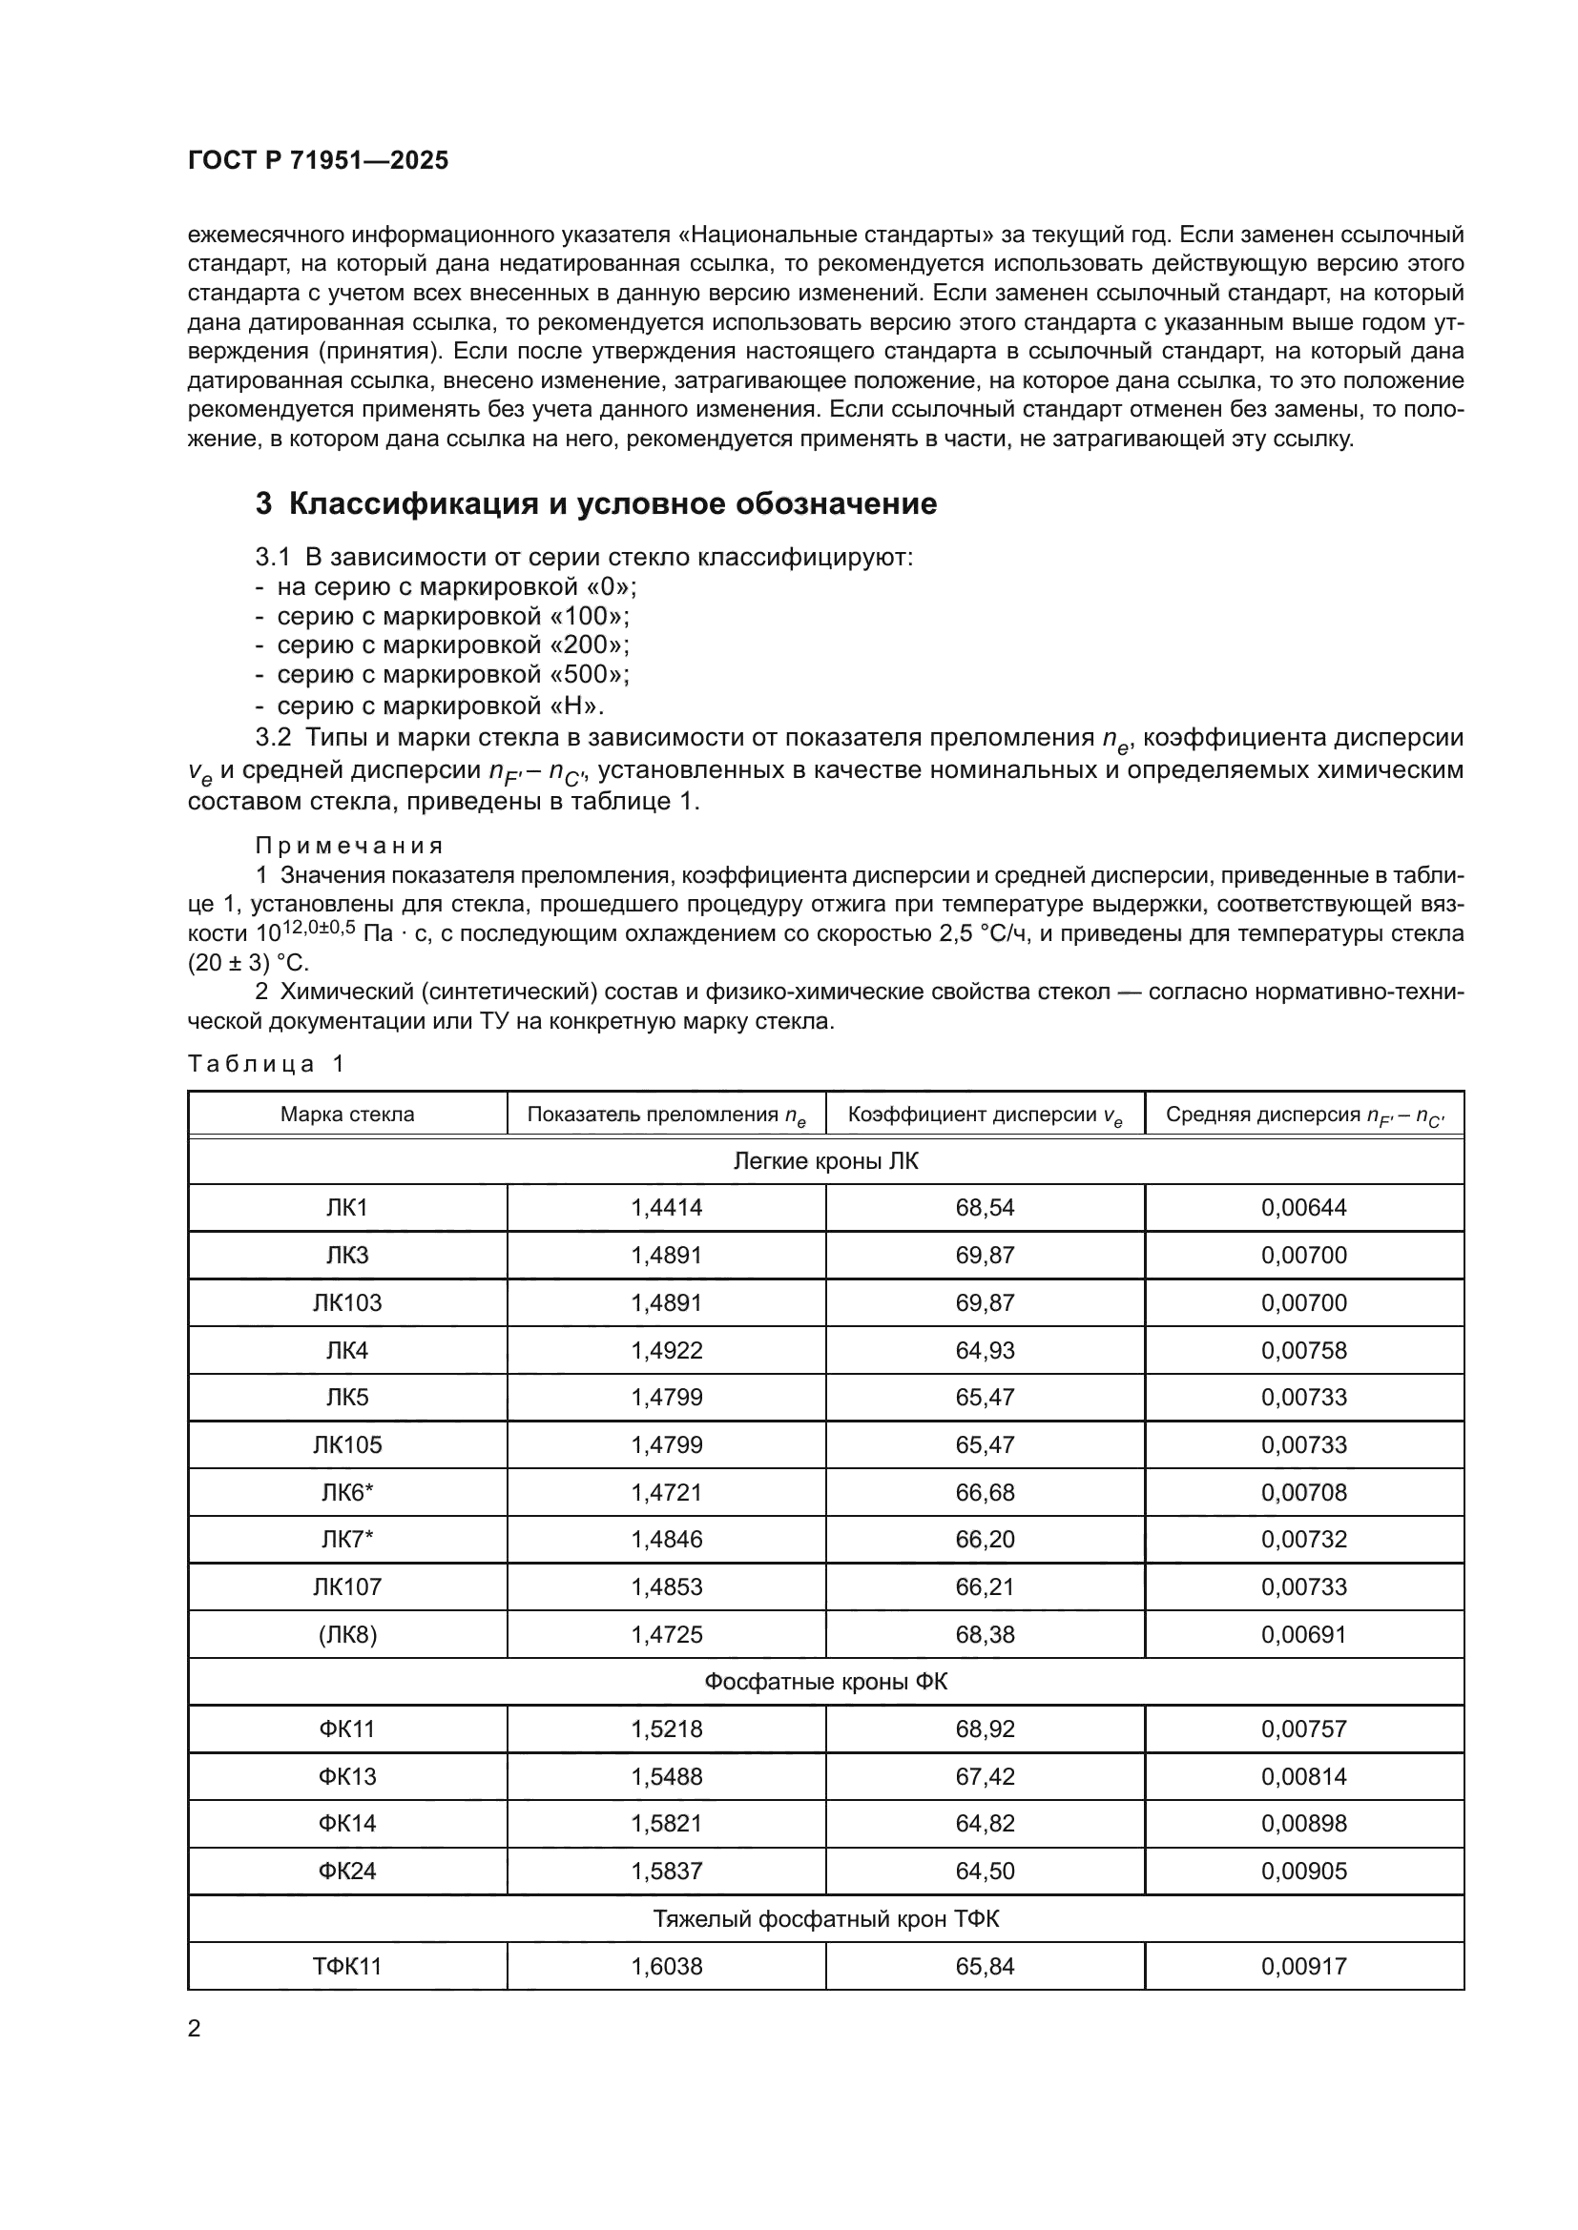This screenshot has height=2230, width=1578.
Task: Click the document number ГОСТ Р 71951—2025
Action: [318, 161]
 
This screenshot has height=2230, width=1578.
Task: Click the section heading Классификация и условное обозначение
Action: [595, 504]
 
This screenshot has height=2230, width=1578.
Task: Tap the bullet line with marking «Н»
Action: [430, 706]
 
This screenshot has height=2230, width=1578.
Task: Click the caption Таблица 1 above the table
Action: [266, 1064]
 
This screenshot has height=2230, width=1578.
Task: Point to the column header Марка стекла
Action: [347, 1114]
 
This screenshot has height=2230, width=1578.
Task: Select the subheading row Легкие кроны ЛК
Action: [825, 1161]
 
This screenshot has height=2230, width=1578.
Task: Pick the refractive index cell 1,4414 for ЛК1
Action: [666, 1207]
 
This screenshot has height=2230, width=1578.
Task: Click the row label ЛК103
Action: [347, 1302]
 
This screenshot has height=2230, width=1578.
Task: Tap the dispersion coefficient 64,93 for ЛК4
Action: [985, 1350]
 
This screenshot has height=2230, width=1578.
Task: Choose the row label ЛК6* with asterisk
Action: [347, 1492]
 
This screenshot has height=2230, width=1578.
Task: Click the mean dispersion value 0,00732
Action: [1304, 1540]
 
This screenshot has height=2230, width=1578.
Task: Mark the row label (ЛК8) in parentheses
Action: [347, 1635]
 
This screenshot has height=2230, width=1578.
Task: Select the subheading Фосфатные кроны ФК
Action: [825, 1681]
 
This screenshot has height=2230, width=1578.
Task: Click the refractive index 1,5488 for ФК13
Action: [666, 1776]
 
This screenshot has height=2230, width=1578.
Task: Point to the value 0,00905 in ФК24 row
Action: [1304, 1872]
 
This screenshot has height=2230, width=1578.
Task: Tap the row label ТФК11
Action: [347, 1967]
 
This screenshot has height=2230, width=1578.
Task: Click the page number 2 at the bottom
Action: [195, 2029]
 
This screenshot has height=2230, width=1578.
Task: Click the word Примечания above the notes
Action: [350, 845]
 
